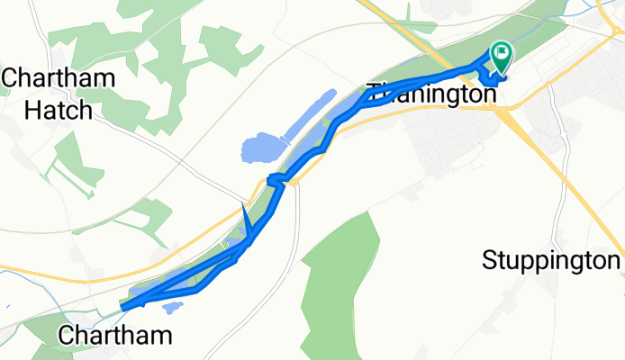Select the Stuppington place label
point(551,261)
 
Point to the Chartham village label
point(114,337)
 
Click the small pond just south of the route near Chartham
point(173,307)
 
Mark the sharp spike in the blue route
point(243,210)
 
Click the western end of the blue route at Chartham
point(123,306)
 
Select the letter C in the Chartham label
point(66,337)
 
